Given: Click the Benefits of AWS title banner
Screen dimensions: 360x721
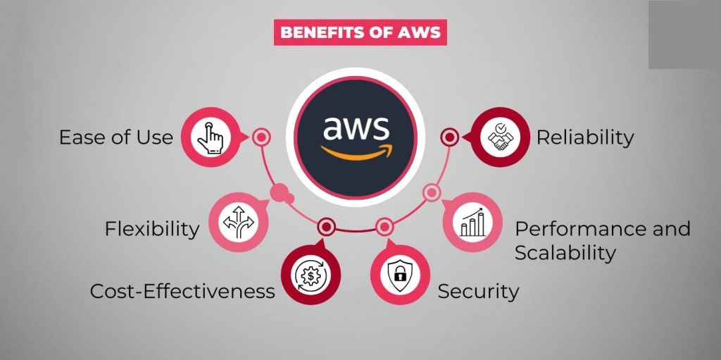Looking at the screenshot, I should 360,32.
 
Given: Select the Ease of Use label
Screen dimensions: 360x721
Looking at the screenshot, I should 115,137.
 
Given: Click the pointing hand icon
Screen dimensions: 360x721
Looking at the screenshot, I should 208,137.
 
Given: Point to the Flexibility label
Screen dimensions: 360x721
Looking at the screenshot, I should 152,229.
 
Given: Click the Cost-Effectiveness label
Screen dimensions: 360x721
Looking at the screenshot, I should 182,291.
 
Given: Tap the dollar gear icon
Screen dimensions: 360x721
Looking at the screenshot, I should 310,275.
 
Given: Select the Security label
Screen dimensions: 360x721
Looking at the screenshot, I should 478,291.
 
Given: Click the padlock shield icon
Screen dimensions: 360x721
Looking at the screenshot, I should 399,275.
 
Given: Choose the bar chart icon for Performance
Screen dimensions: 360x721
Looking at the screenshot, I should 472,223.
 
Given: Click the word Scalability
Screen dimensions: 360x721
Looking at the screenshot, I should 565,252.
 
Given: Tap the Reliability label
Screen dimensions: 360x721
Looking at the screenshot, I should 585,137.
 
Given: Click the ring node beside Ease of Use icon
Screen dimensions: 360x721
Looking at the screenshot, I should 261,137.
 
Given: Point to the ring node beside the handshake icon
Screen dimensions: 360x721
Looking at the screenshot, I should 450,137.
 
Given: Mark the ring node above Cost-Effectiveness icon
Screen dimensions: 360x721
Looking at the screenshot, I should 325,226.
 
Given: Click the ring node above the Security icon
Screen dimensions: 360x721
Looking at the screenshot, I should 384,226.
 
